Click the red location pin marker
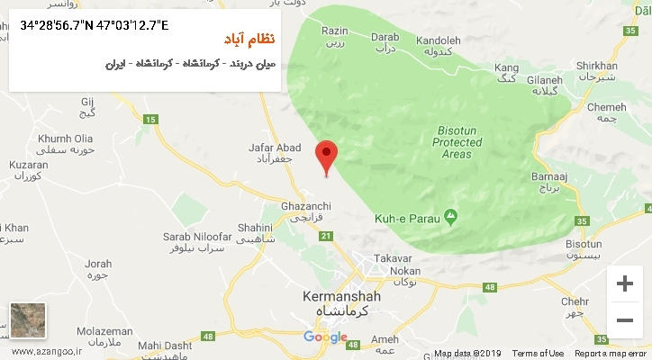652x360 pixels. pyautogui.click(x=327, y=156)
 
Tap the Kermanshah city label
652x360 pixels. pyautogui.click(x=341, y=296)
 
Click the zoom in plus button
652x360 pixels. pyautogui.click(x=623, y=283)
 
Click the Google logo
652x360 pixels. pyautogui.click(x=325, y=337)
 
